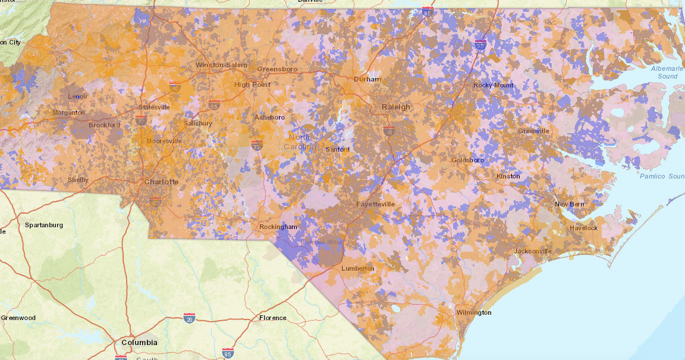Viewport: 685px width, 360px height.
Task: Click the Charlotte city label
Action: (161, 181)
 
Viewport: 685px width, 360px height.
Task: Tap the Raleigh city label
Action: (395, 107)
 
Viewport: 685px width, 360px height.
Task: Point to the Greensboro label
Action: (277, 69)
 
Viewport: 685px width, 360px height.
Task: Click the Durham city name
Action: (367, 79)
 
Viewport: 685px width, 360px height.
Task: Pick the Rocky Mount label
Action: (493, 85)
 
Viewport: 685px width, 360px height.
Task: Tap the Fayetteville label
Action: (375, 204)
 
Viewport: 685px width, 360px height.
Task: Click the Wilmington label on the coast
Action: (474, 312)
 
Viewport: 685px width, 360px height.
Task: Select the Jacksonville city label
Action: (533, 251)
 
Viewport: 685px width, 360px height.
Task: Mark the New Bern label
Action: (569, 204)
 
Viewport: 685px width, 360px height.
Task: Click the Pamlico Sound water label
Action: (662, 176)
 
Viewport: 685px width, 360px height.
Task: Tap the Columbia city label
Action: (140, 342)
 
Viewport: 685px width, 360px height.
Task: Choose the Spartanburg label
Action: (44, 225)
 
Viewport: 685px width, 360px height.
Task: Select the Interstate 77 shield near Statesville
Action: (141, 120)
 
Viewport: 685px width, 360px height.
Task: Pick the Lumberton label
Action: (357, 268)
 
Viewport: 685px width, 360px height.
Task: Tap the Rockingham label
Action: (278, 227)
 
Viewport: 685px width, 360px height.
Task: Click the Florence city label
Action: (272, 318)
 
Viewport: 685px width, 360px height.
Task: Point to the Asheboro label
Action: (269, 117)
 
